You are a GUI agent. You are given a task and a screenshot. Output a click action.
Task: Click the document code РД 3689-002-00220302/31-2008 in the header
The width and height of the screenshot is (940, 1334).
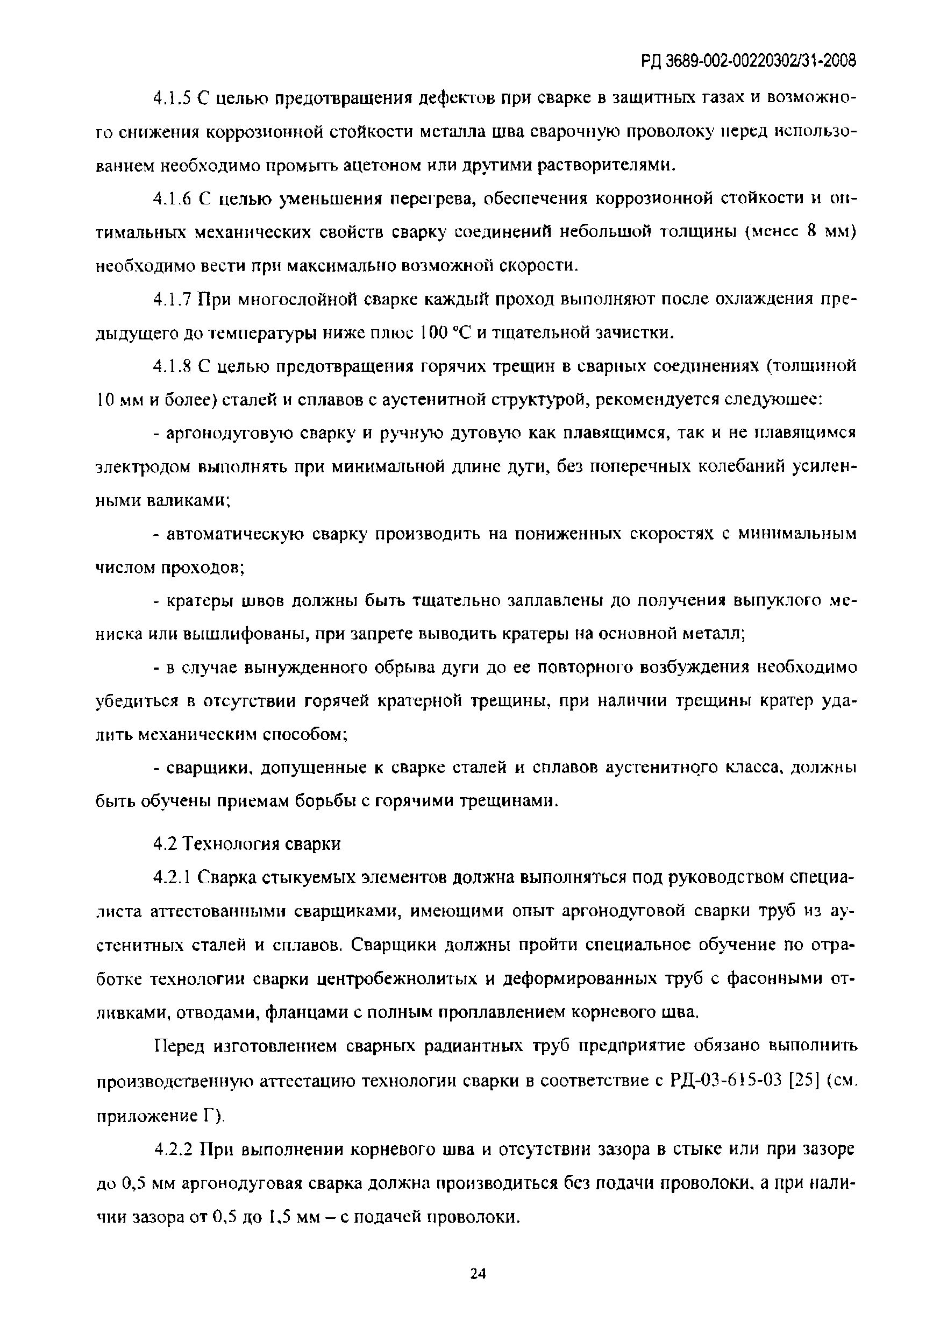(x=749, y=60)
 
